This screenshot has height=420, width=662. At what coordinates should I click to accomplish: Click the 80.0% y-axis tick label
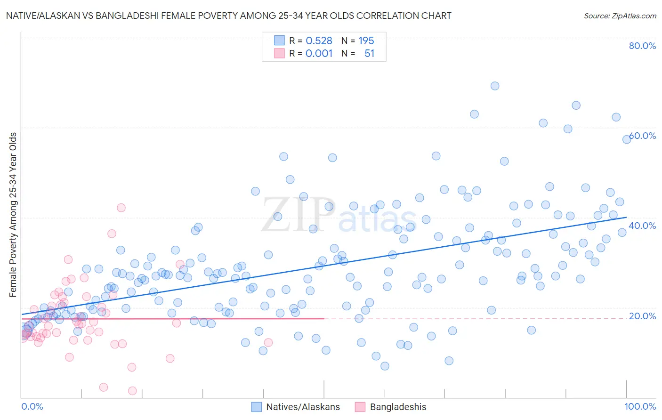(642, 46)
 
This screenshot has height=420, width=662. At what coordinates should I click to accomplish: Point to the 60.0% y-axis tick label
(642, 136)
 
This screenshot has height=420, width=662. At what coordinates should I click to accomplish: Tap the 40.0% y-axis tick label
(642, 226)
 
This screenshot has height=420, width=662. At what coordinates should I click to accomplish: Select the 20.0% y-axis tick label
(642, 316)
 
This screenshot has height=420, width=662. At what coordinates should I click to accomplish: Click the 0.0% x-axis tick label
(32, 406)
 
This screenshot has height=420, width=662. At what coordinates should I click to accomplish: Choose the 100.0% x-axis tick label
(640, 406)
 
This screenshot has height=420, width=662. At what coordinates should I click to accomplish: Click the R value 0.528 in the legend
(319, 41)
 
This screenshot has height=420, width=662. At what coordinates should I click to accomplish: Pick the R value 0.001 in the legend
(319, 54)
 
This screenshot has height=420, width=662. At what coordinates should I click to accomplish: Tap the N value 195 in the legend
(366, 41)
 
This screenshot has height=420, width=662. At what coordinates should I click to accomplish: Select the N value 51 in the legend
(369, 54)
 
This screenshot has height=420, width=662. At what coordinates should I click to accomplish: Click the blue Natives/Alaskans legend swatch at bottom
(257, 407)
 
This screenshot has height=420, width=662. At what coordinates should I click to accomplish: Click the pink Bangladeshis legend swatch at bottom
(360, 407)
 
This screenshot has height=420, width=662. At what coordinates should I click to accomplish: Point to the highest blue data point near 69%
(494, 86)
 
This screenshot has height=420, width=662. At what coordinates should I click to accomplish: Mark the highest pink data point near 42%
(121, 208)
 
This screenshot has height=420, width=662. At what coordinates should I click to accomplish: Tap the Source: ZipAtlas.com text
(620, 16)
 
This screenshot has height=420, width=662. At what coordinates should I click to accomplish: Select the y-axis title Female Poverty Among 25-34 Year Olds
(13, 215)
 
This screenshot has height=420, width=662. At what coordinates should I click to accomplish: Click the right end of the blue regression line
(626, 217)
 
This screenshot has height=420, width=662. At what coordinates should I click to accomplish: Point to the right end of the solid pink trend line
(324, 319)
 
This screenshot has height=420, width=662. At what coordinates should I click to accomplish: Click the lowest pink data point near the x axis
(132, 391)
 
